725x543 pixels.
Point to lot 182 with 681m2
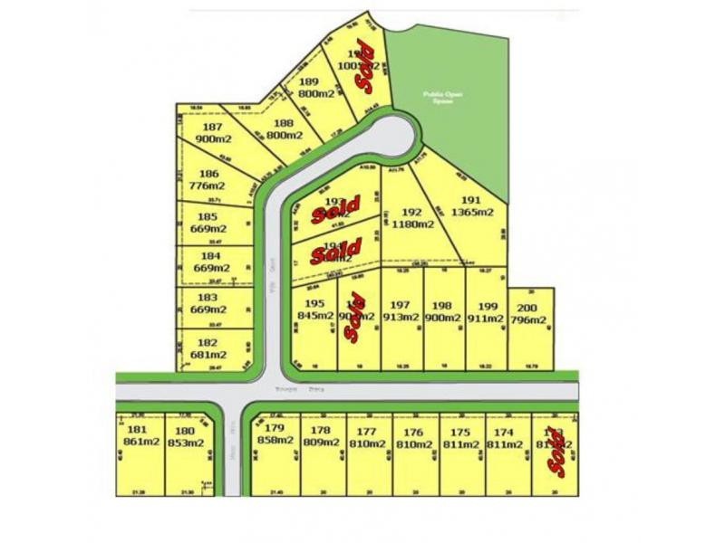(x=209, y=349)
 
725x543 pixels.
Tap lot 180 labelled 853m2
(x=186, y=435)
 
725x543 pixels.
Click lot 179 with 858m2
(x=275, y=433)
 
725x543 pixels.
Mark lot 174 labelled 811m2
(x=506, y=439)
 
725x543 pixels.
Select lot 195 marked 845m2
(x=314, y=310)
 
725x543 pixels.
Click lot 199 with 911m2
(x=486, y=312)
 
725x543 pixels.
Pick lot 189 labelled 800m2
(x=317, y=87)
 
